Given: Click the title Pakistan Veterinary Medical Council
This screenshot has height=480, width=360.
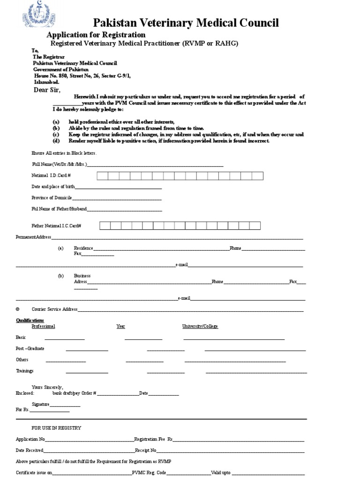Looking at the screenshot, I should (186, 23).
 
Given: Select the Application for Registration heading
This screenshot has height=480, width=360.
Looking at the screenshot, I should (96, 35).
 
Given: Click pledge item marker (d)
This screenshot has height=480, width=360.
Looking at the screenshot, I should (56, 141).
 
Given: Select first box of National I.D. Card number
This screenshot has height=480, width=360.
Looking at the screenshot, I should (103, 176).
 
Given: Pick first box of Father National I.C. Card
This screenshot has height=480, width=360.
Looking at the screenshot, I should (105, 226).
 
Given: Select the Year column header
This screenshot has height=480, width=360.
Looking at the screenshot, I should (120, 326).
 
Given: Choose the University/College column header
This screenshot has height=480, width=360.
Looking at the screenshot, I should (200, 326).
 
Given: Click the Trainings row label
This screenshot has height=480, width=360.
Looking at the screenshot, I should (24, 371).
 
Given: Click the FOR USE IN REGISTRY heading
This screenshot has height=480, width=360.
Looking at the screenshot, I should (56, 428).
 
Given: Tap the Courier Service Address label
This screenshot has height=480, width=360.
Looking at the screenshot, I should (54, 309).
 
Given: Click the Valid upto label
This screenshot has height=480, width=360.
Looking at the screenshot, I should (221, 473).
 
